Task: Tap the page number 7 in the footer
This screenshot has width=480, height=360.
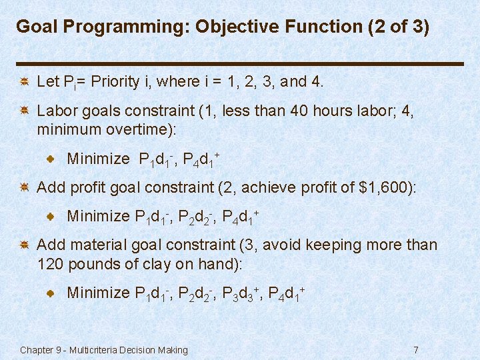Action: point(416,350)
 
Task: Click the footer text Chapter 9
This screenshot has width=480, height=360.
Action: point(39,350)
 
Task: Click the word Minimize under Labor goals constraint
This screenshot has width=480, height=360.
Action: point(98,159)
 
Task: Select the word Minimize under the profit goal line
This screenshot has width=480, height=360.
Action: point(98,216)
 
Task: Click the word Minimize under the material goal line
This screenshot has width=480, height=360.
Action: point(98,293)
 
